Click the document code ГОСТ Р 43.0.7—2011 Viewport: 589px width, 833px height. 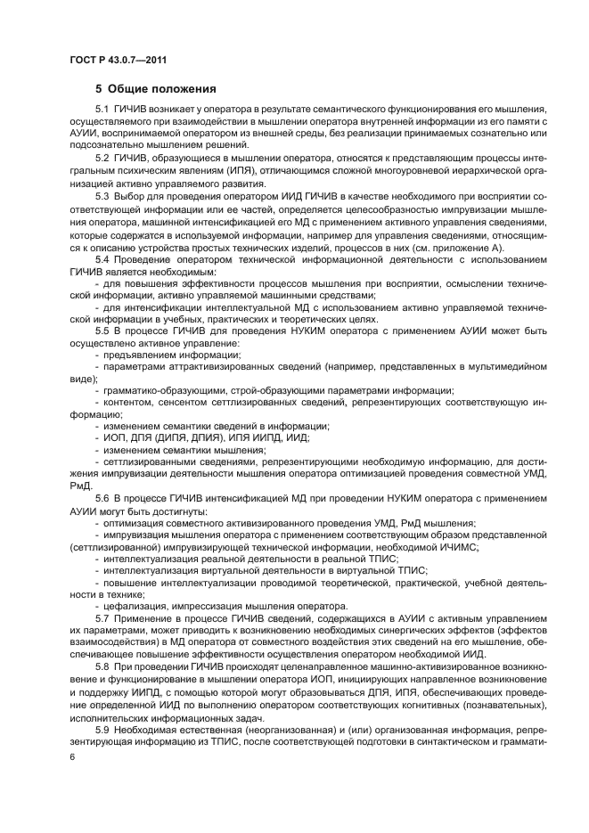118,60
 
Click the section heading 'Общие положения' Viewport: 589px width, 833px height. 162,89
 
